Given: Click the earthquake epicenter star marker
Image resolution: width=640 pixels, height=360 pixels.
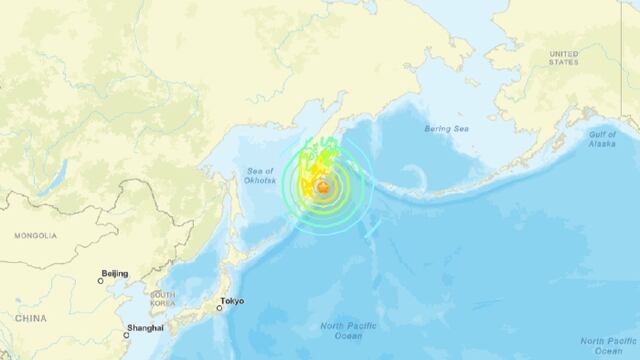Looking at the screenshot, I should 323,186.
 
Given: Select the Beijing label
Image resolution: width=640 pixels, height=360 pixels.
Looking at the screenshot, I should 115,272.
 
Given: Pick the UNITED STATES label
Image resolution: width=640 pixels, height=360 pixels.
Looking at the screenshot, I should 563,57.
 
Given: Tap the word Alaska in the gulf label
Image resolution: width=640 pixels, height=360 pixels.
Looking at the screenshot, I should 603,144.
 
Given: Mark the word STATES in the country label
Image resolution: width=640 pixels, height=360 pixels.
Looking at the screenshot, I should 563,62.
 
